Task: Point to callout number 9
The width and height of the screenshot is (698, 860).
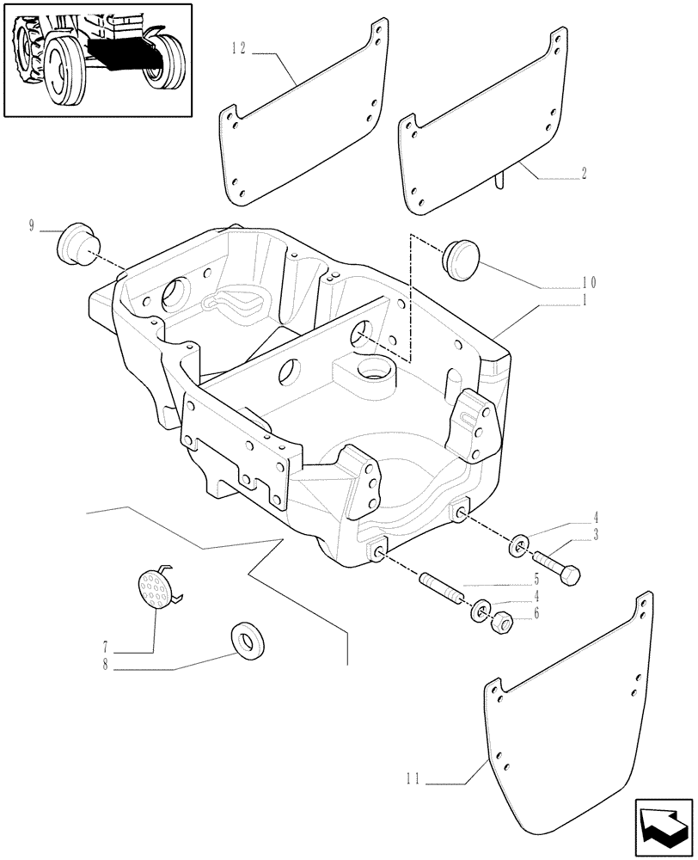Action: pos(32,227)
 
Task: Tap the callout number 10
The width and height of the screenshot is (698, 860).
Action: pos(589,282)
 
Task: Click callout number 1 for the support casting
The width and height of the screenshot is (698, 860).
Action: pos(584,300)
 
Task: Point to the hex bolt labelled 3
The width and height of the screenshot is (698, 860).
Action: pos(558,567)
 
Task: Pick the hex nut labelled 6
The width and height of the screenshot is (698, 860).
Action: pos(501,620)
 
